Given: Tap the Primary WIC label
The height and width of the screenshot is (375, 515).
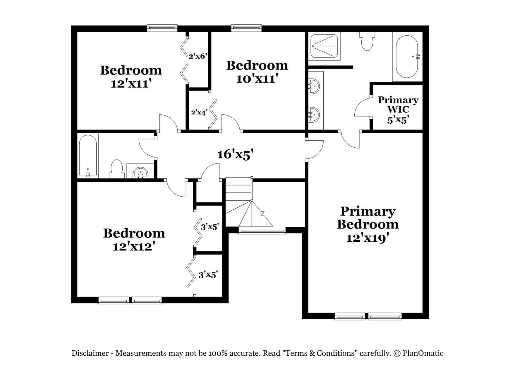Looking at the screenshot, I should coord(398,105).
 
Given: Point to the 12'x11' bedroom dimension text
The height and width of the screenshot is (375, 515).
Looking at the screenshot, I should coord(131,84).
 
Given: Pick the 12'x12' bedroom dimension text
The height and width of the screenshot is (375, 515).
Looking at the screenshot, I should coord(133,247).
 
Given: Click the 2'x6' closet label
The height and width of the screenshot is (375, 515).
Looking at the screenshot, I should coord(198,56).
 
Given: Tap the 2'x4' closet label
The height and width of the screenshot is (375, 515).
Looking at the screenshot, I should coord(199,112).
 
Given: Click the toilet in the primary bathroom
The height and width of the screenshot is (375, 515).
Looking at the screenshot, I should coord(367,41).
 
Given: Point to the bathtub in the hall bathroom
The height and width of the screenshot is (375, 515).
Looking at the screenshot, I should coord(88,156).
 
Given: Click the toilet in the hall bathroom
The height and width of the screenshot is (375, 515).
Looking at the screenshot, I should coord(116,169).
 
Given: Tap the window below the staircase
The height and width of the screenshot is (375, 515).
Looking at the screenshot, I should coord(262,231).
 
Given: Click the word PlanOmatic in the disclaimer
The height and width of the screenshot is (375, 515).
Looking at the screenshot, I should coord(423,353).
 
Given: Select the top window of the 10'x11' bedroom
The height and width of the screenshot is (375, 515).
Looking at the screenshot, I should coord(246,28).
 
